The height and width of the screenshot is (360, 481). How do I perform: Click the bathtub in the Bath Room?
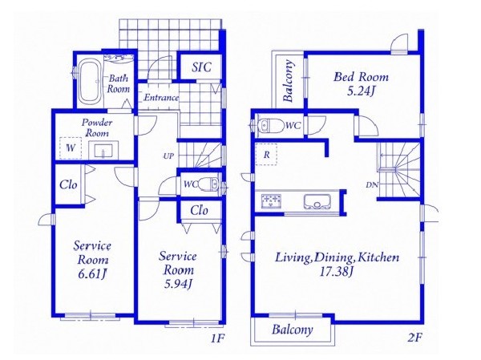pos(90,81)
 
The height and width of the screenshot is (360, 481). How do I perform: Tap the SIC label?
pos(201,67)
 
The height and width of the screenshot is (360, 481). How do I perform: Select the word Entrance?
pos(161,98)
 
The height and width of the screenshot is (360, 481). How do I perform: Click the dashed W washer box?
pos(71,148)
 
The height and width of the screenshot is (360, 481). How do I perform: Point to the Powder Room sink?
pos(103,150)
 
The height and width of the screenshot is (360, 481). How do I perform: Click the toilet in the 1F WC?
pos(208,184)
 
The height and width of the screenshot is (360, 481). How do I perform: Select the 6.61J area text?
pos(91,274)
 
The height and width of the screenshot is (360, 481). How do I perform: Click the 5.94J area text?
pos(178,285)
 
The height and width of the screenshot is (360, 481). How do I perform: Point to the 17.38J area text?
pos(336,271)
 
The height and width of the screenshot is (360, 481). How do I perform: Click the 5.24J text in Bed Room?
pos(361,91)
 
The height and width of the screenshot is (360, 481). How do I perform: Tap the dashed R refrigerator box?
pos(266,155)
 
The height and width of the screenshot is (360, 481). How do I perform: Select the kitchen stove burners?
pos(272,200)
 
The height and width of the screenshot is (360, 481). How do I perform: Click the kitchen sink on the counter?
pos(317,201)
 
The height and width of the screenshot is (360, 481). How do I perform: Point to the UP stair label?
pos(168,156)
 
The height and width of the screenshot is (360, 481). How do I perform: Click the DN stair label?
pos(372,185)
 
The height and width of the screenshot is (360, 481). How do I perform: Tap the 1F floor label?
pos(217,338)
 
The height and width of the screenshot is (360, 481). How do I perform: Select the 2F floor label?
pos(414,338)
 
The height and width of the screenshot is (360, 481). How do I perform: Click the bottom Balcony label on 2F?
pos(292,330)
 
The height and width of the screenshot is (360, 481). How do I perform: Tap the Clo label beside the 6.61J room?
pos(68,184)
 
